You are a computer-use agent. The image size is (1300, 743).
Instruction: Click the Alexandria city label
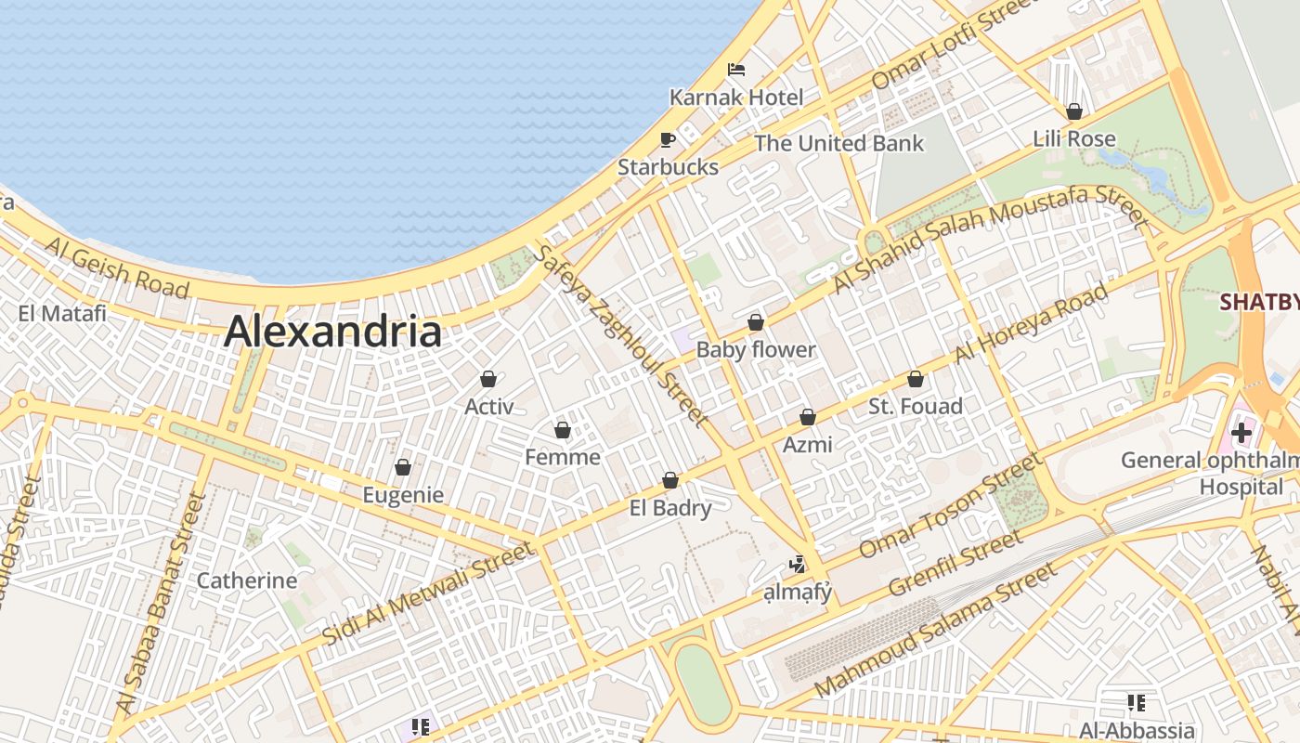(332, 332)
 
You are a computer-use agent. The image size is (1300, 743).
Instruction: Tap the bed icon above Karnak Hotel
(736, 70)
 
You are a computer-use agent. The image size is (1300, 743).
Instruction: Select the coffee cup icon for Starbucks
(667, 139)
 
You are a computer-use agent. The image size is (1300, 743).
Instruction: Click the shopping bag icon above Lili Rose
(1074, 111)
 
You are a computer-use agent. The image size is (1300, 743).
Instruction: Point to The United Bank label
(838, 143)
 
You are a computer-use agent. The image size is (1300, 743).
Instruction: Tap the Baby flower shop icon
(756, 322)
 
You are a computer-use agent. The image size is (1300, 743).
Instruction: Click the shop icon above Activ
(488, 379)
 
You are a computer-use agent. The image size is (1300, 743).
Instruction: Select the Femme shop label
(563, 457)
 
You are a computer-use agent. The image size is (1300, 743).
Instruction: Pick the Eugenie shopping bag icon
(403, 467)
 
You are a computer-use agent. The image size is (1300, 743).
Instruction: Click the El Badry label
(670, 508)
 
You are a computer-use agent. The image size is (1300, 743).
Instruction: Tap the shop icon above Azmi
(808, 417)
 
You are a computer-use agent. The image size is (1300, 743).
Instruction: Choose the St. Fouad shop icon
(916, 379)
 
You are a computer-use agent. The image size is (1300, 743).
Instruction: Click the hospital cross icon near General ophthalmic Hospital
(1241, 432)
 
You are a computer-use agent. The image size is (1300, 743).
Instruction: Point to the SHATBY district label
(1259, 302)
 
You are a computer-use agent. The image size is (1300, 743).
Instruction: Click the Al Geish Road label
(116, 267)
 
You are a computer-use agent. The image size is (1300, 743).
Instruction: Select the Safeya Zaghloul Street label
(620, 336)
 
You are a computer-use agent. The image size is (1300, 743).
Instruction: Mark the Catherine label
(247, 580)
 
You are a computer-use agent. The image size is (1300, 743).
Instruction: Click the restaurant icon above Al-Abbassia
(1137, 703)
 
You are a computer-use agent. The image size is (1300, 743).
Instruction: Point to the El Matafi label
(62, 313)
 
